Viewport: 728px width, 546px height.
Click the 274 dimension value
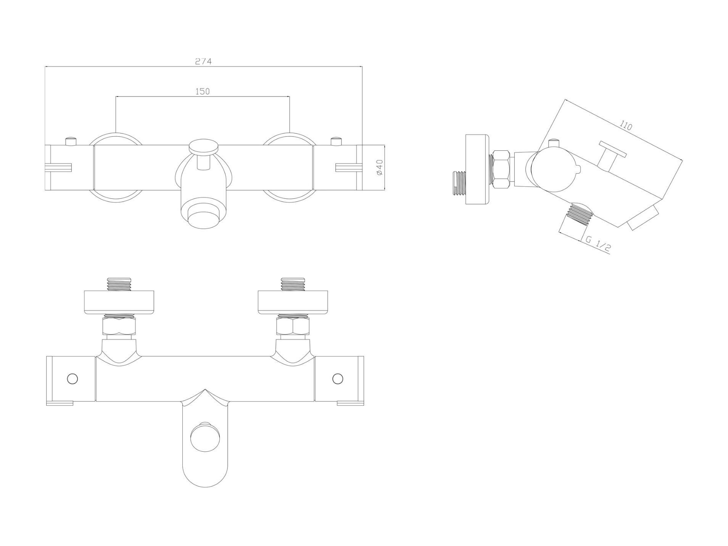click(203, 61)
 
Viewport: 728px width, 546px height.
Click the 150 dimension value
click(202, 91)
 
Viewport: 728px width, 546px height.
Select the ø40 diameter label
click(379, 167)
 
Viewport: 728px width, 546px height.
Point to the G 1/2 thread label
click(598, 244)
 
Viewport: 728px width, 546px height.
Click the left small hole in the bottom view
click(72, 378)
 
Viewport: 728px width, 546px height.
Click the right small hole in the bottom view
click(338, 378)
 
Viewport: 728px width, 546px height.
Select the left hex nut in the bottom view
click(119, 326)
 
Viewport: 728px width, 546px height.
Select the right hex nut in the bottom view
click(293, 326)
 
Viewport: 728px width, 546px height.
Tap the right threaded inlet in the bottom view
click(293, 284)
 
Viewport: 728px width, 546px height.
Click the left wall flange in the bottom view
click(119, 303)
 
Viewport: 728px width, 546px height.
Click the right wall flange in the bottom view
click(293, 303)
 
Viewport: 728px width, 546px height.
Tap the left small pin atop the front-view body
click(71, 141)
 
